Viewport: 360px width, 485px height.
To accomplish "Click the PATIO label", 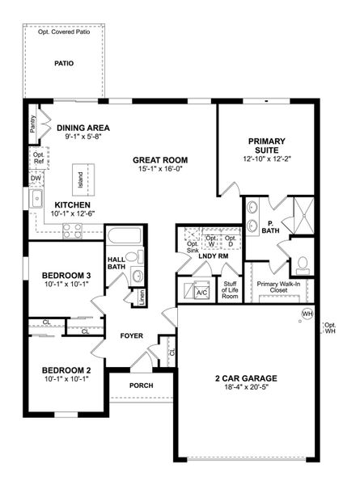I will (x=66, y=63).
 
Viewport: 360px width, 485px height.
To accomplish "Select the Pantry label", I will (x=32, y=124).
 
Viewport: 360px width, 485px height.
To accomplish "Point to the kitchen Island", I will (x=80, y=177).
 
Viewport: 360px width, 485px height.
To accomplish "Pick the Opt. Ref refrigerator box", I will (x=37, y=157).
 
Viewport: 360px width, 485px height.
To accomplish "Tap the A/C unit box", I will (x=202, y=292).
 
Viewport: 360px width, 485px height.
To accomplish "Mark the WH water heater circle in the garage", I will (x=307, y=314).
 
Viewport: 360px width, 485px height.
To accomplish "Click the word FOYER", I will (x=131, y=335).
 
